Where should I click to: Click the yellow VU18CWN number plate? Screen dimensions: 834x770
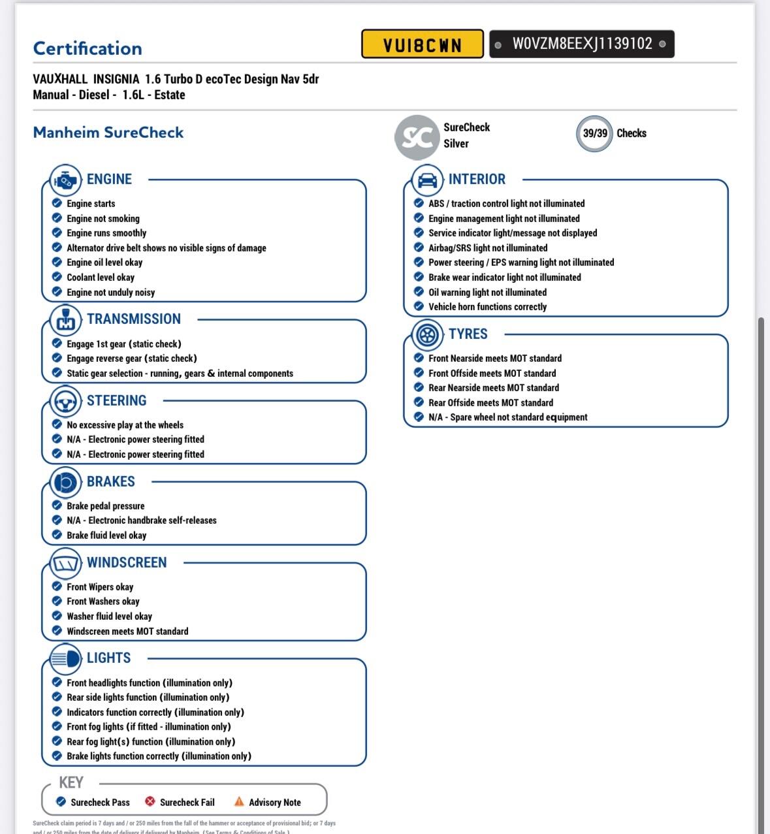click(422, 44)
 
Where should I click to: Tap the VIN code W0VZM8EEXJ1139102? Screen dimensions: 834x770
click(582, 44)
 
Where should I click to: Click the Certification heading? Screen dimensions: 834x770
click(88, 48)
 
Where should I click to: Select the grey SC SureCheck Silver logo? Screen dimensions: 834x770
click(416, 136)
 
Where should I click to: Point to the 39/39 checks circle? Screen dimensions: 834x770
click(594, 133)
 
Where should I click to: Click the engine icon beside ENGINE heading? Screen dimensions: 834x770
click(65, 180)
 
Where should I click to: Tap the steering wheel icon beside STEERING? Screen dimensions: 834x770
click(65, 401)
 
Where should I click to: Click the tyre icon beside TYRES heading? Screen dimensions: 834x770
click(427, 334)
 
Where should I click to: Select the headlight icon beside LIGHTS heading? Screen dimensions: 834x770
click(65, 658)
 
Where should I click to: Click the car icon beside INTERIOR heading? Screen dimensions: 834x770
click(427, 180)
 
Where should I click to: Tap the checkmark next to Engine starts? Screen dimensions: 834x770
click(57, 203)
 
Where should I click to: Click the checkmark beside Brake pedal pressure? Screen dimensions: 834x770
click(57, 505)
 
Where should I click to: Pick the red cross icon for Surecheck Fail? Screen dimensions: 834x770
click(150, 801)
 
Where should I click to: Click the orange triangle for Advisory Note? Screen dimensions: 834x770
click(239, 801)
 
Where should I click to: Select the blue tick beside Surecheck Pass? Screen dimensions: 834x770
click(61, 801)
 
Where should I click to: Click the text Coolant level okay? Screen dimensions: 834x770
click(101, 278)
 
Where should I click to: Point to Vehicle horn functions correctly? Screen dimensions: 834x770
click(487, 307)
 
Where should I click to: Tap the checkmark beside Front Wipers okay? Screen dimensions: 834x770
click(57, 586)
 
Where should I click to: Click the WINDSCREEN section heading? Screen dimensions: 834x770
click(127, 562)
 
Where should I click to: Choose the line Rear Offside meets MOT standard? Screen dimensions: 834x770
click(490, 403)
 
